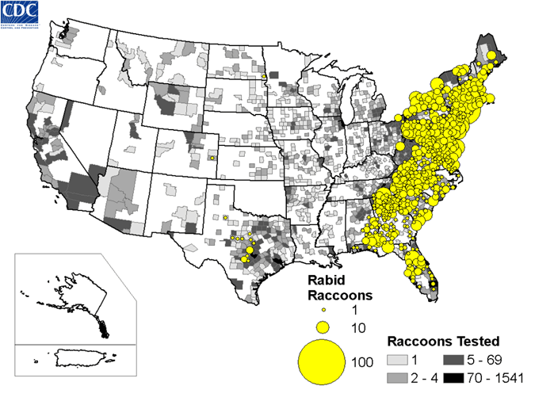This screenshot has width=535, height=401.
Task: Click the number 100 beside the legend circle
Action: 361,362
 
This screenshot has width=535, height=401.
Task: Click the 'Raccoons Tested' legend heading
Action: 442,342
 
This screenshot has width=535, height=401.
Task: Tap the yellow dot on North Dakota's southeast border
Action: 264,77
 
